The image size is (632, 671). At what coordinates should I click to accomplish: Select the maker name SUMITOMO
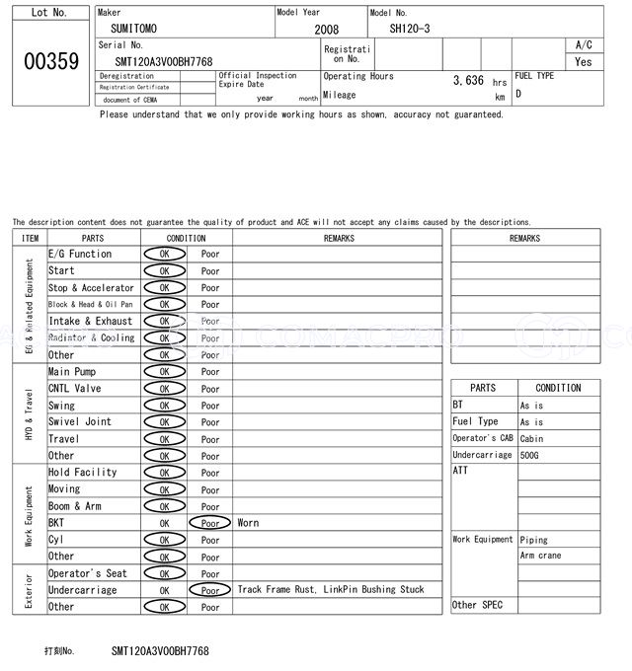point(133,29)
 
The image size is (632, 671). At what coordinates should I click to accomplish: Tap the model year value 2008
point(326,30)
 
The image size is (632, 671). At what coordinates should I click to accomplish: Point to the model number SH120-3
point(409,29)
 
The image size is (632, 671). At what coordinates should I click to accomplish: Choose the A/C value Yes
point(584,61)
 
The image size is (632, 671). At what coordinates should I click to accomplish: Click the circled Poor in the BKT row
point(210,523)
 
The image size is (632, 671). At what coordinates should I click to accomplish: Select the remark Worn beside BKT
point(248,523)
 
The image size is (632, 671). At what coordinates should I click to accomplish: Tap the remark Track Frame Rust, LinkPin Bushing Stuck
point(331,590)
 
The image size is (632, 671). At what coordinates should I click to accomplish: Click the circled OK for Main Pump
point(164,372)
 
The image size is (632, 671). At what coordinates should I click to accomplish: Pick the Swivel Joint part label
point(80,422)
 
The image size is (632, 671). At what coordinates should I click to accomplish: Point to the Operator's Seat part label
point(87,573)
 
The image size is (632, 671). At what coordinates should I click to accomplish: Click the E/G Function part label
point(80,255)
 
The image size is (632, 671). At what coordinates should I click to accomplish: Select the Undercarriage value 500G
point(531,455)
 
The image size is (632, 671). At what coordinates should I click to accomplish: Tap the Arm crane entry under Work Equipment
point(541,557)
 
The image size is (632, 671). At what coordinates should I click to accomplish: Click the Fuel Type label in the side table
point(475,422)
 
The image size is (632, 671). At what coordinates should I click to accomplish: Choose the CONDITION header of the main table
point(186,238)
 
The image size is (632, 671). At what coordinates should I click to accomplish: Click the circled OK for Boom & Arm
point(164,506)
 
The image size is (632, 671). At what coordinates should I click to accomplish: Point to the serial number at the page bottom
point(160,651)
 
